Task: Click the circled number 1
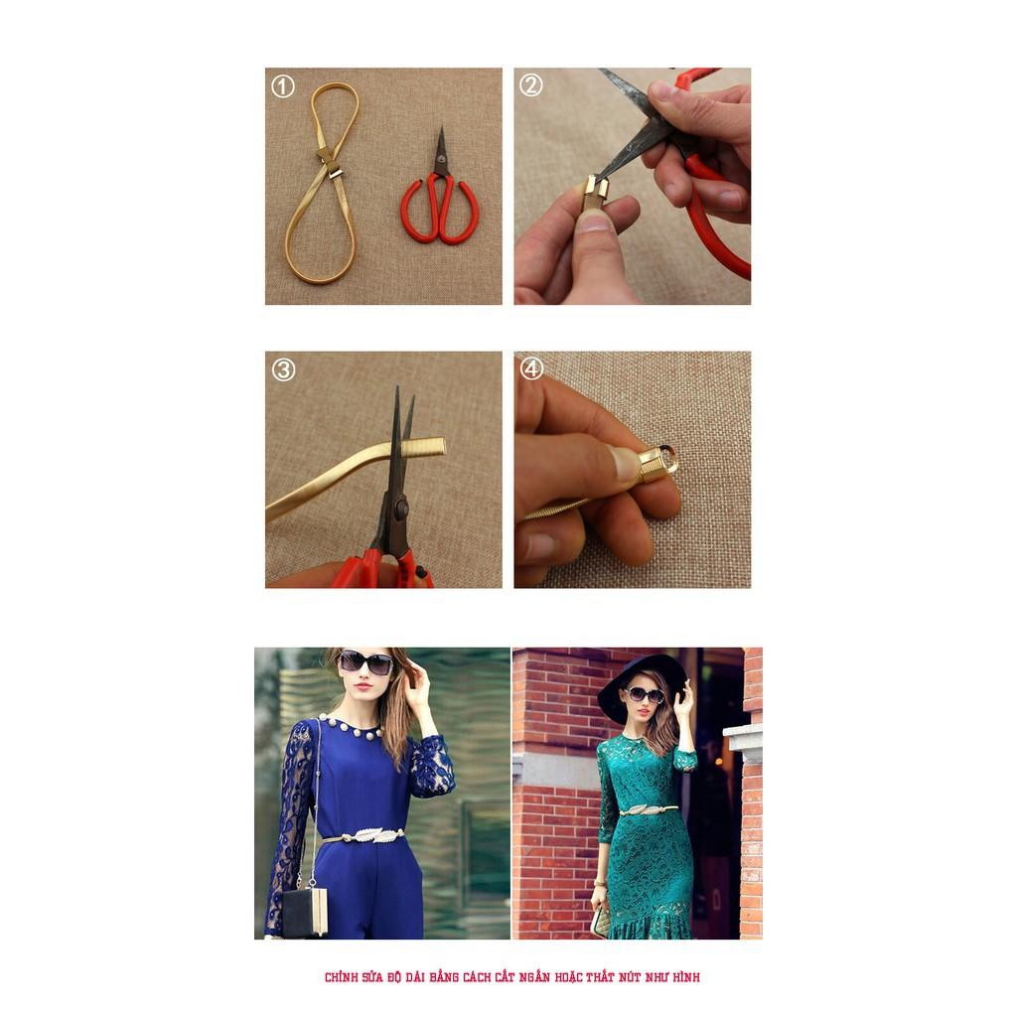point(283,86)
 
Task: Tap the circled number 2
point(531,85)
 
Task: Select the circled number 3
point(283,369)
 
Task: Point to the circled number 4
point(531,368)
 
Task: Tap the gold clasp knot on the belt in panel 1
point(330,163)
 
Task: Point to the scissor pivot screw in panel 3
point(400,508)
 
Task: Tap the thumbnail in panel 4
point(624,463)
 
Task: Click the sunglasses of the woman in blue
point(365,661)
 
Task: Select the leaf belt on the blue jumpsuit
point(363,835)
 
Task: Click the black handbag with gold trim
point(305,912)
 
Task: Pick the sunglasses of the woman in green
point(644,695)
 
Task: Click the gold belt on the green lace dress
point(648,809)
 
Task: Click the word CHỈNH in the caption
point(342,977)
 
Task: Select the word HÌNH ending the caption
point(685,977)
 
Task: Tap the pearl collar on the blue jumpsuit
point(351,728)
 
